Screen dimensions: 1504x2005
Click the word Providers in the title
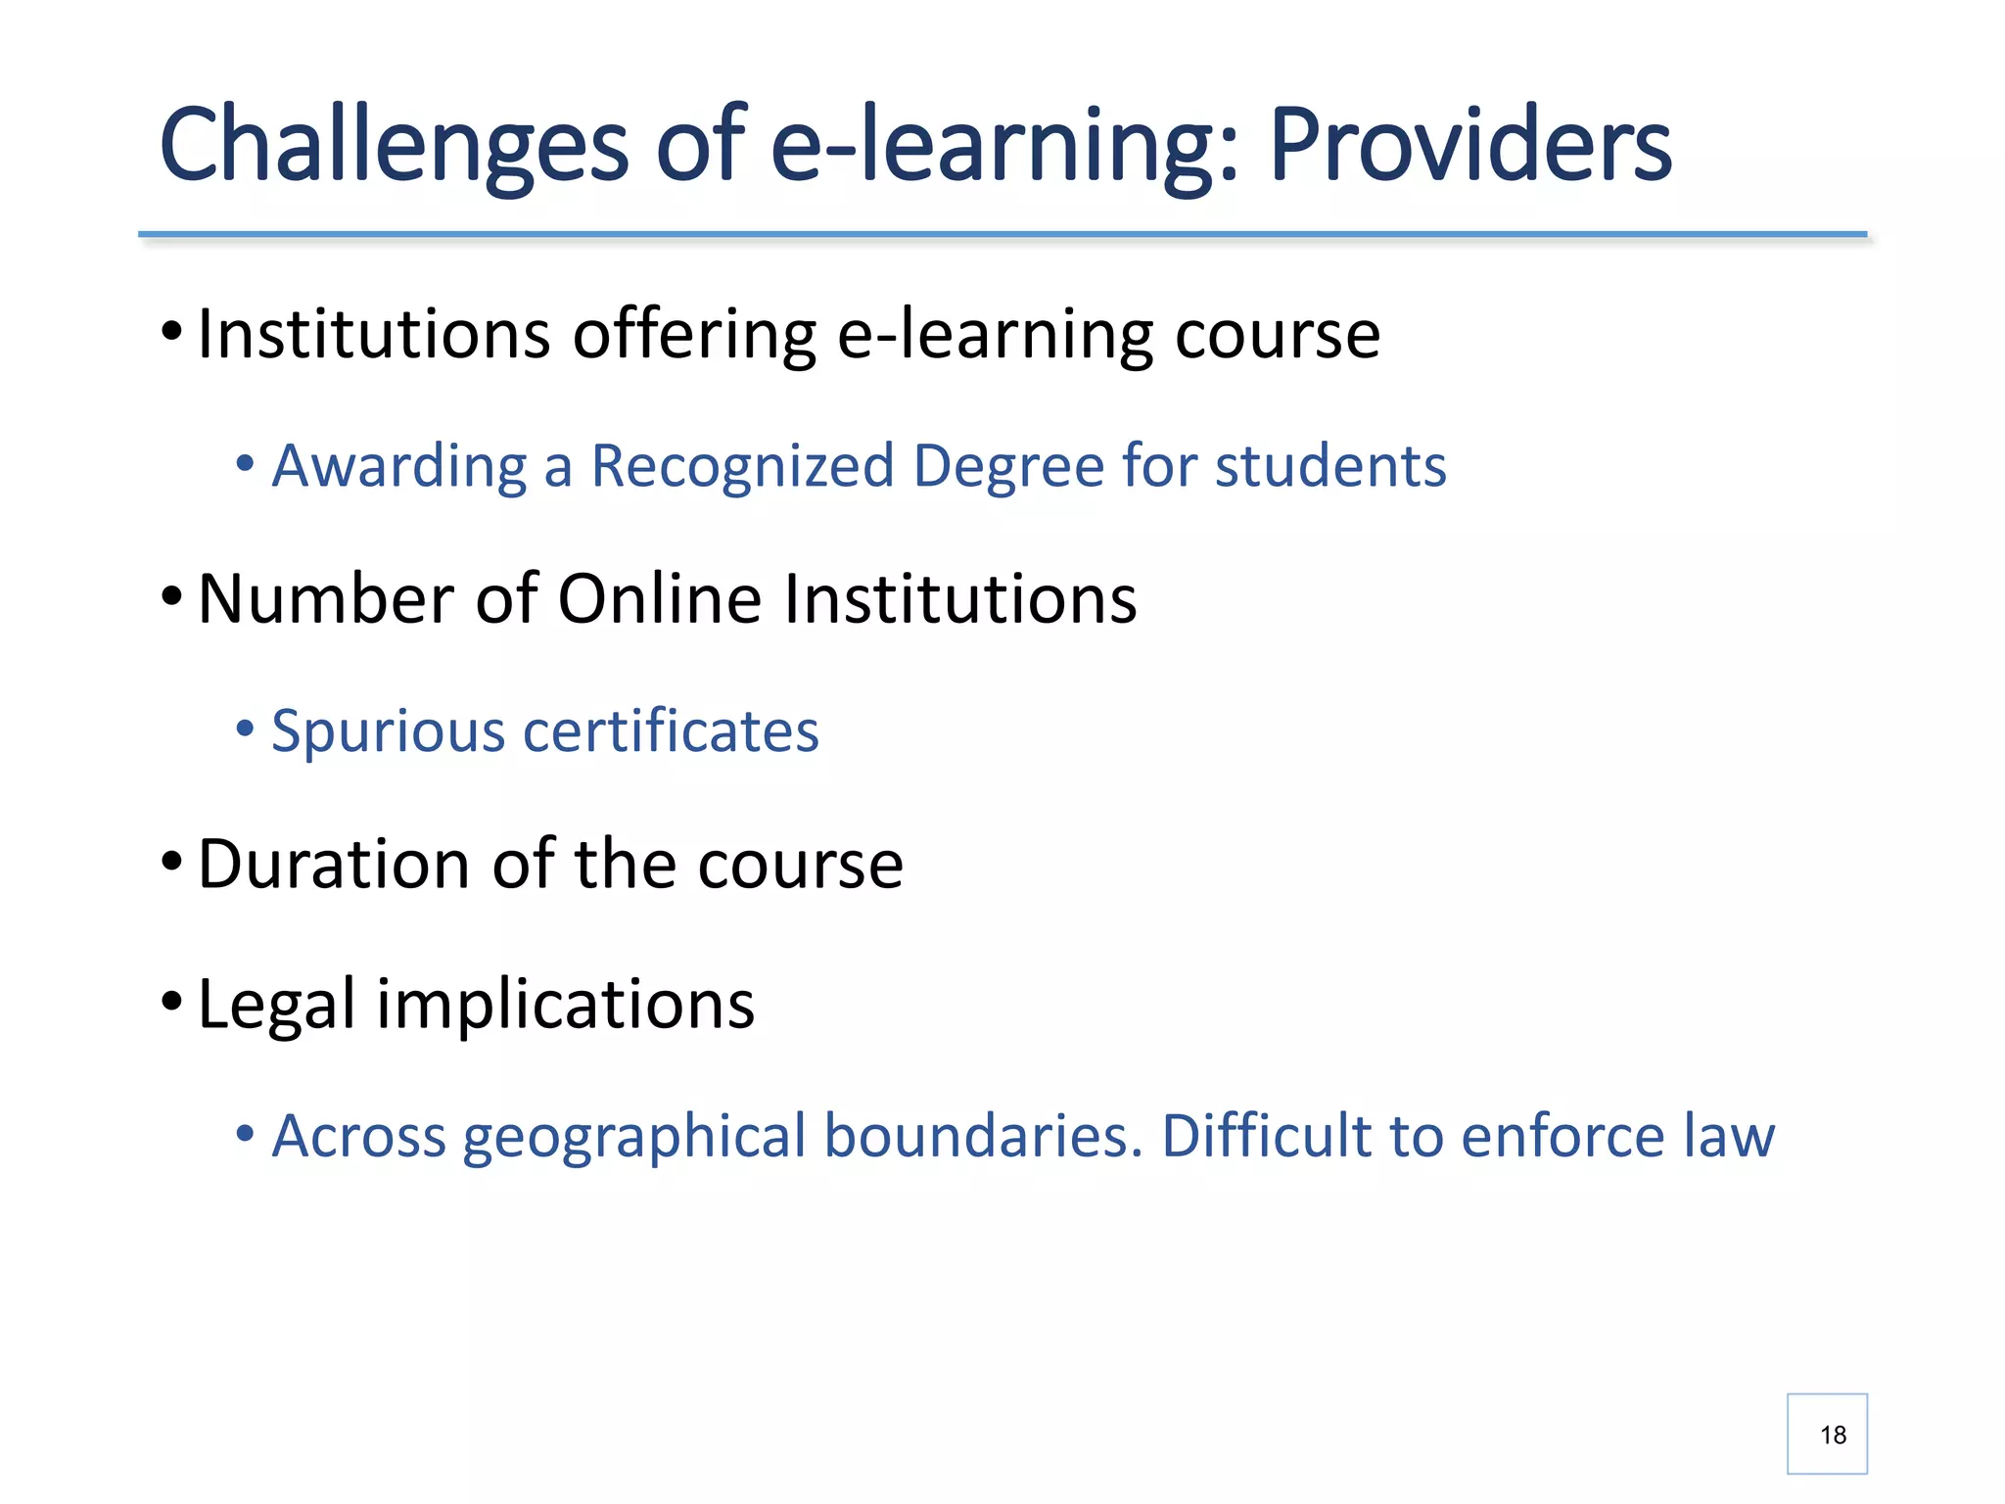[x=1470, y=145]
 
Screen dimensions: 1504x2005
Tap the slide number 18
[x=1833, y=1435]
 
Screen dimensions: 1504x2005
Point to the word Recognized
[x=743, y=465]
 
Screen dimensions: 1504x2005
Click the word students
[x=1330, y=465]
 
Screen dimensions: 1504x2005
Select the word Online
[x=659, y=598]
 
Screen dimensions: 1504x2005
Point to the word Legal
[x=276, y=1006]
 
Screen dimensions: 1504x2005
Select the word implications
[x=566, y=1006]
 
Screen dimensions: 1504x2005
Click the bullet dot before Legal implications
[x=171, y=1001]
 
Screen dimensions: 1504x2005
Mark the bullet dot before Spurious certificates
[x=245, y=728]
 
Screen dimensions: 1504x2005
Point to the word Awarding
[x=399, y=467]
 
